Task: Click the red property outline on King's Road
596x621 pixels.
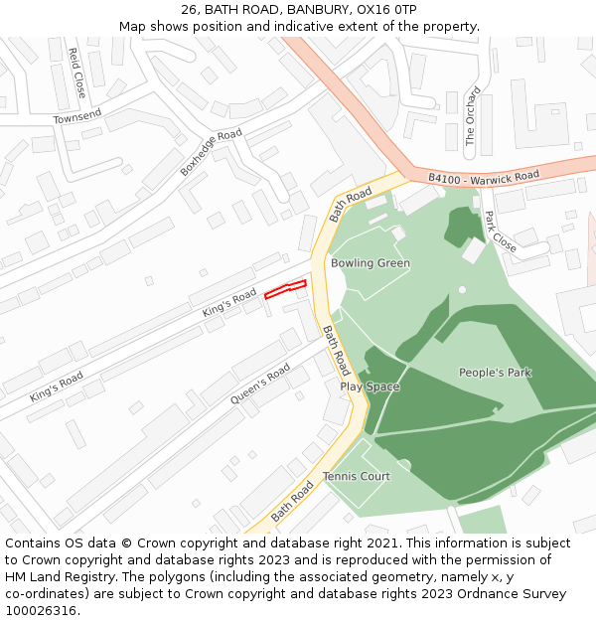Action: point(284,290)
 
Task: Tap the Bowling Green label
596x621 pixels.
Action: point(371,263)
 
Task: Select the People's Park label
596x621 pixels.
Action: point(495,373)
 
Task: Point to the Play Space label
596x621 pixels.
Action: point(370,387)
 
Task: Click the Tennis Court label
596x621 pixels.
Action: point(357,476)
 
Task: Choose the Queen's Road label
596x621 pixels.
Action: point(260,385)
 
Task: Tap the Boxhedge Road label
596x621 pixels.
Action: point(211,153)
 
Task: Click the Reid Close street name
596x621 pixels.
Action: point(76,73)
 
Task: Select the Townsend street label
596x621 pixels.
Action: point(77,116)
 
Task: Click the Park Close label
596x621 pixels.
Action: point(500,232)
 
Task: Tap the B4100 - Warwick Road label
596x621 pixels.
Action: point(484,177)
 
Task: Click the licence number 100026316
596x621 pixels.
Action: point(41,611)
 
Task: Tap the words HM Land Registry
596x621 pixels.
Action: point(53,577)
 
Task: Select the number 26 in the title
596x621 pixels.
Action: point(189,10)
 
